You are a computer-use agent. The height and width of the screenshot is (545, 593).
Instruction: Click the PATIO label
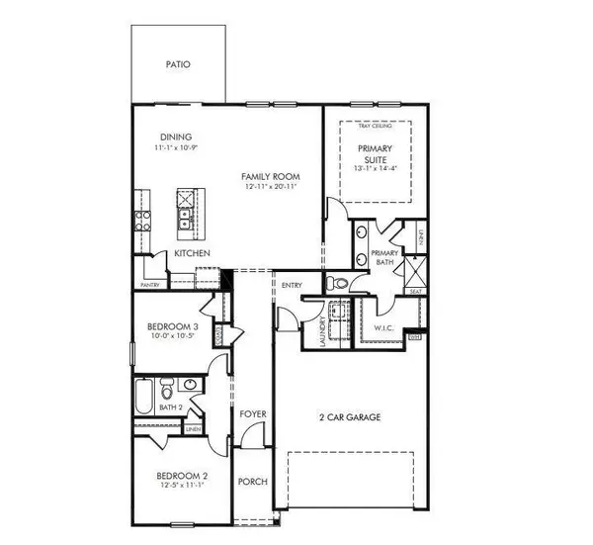click(178, 66)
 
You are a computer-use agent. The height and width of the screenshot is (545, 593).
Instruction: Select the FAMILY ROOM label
click(270, 177)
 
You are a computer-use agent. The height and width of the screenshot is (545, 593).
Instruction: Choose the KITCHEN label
click(192, 254)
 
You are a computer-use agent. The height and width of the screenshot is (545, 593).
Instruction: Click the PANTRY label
click(149, 284)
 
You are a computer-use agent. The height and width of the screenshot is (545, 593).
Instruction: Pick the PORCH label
click(251, 483)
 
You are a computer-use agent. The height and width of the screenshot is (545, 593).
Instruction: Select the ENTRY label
click(292, 286)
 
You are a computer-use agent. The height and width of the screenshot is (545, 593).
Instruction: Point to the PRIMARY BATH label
click(384, 258)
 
